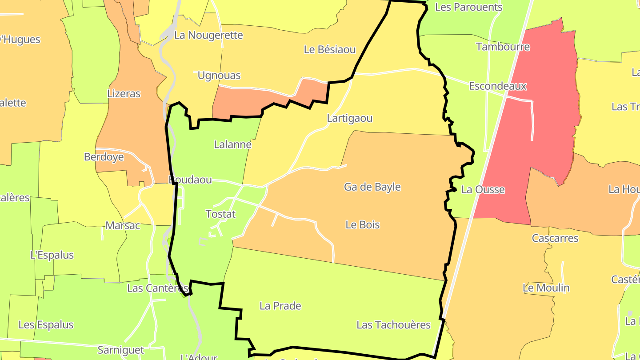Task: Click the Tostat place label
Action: (x=220, y=214)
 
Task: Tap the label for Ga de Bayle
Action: (x=372, y=187)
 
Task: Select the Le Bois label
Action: (x=363, y=225)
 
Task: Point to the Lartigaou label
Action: (x=349, y=119)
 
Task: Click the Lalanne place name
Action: (x=232, y=144)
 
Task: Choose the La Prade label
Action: (x=280, y=306)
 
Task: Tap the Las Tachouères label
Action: (x=393, y=325)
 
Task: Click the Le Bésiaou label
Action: (x=330, y=49)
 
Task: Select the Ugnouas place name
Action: (x=219, y=76)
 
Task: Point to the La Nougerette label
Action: (x=208, y=35)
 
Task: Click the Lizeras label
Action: (x=124, y=94)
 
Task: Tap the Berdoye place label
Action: (x=104, y=157)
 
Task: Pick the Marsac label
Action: (x=122, y=226)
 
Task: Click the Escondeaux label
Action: (x=498, y=86)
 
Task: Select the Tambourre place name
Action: (x=503, y=47)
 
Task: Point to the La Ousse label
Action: (x=483, y=190)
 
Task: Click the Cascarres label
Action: (x=555, y=238)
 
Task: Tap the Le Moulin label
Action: (x=546, y=288)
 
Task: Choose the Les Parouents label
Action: (x=468, y=7)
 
